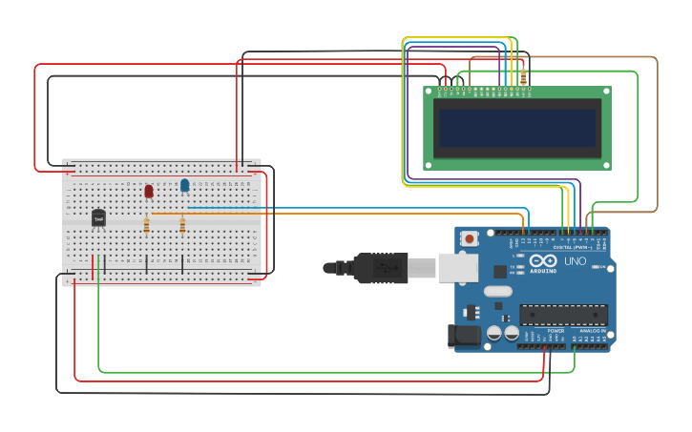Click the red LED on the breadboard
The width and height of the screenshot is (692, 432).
149,191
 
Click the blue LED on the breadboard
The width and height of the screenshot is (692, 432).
184,185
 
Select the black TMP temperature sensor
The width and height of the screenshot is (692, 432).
98,218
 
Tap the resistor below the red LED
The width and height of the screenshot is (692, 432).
146,226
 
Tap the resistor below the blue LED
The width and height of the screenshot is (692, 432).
182,226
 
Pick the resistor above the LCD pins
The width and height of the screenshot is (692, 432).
523,75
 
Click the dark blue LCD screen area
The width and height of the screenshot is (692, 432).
516,128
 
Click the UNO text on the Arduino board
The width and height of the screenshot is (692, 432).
576,260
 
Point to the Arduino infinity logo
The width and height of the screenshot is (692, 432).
543,261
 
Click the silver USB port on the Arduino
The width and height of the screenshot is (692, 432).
457,268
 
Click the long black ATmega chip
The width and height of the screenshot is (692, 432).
563,315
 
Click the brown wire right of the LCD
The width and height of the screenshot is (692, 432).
658,134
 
